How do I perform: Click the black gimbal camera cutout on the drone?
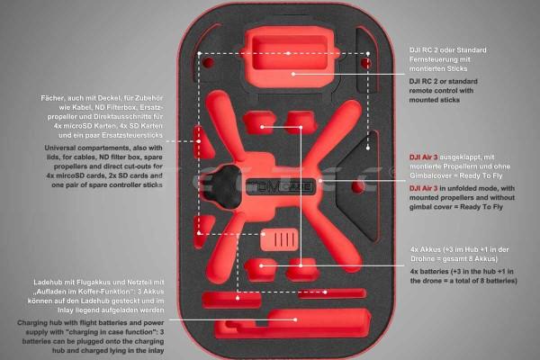(223, 186)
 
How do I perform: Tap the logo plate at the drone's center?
(281, 186)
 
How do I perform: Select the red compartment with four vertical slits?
(279, 238)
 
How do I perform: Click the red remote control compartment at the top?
(289, 56)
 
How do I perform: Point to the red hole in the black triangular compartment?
(358, 187)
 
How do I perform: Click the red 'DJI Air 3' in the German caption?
(423, 157)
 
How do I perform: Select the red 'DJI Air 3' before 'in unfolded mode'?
(423, 188)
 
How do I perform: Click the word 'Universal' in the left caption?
(59, 148)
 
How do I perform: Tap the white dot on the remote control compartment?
(293, 74)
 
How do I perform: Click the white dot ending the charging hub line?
(295, 319)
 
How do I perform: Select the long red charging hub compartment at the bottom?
(292, 323)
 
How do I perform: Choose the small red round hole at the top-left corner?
(208, 63)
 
